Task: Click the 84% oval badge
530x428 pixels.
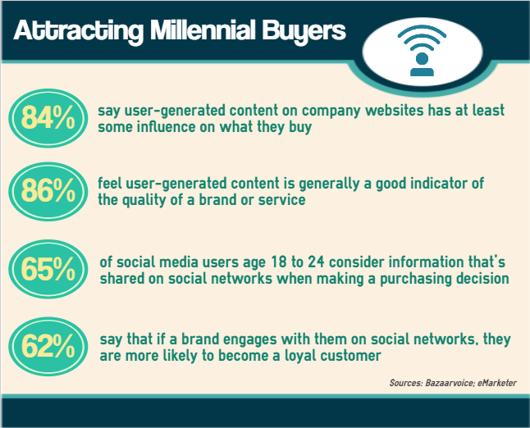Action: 48,118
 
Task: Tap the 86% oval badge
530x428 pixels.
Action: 48,192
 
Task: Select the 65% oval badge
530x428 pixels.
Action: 48,269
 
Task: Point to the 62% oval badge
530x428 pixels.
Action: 48,347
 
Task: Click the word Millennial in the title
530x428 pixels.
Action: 202,30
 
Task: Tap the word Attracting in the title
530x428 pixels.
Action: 79,31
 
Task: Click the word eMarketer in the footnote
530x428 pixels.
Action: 497,383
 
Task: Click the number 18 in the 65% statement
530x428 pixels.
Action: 279,262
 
